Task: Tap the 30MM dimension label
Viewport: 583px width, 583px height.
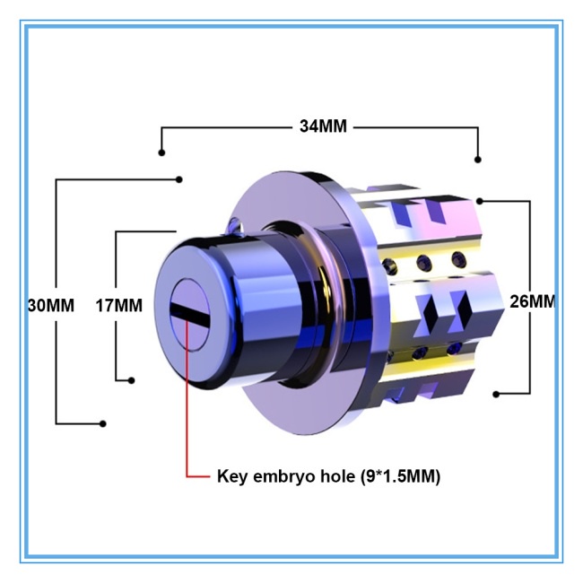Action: pos(50,304)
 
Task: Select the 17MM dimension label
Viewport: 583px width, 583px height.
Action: pos(119,305)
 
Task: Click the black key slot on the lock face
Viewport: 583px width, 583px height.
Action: pos(191,310)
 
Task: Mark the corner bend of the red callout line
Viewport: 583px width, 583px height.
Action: pos(187,475)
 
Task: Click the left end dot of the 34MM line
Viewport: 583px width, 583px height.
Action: pos(161,152)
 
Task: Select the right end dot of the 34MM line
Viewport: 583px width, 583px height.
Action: pos(478,160)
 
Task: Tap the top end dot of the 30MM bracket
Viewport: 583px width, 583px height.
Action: pos(178,179)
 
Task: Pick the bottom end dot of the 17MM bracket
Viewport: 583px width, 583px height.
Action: pos(132,380)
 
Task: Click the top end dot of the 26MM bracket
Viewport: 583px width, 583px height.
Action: pos(483,200)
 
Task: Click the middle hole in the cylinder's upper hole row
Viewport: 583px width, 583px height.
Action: pos(423,261)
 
